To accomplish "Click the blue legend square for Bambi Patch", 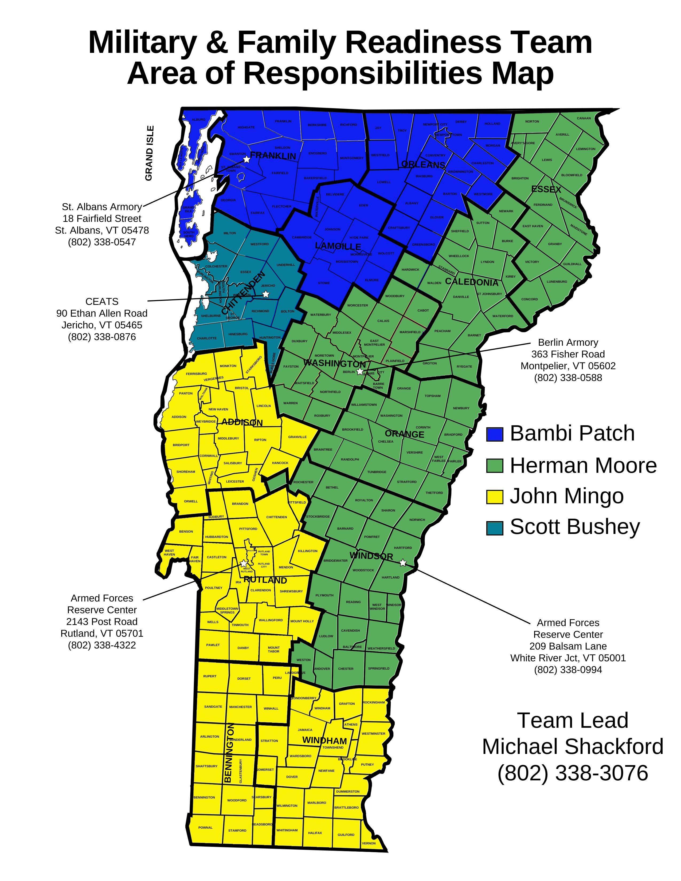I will [x=494, y=434].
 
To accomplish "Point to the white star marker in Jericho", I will [x=265, y=294].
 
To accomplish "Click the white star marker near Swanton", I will [x=246, y=159].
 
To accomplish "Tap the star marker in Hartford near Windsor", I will [x=403, y=563].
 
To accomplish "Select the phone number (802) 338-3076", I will [x=573, y=773].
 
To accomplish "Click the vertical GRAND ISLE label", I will [x=149, y=153].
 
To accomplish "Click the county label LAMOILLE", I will [x=338, y=246].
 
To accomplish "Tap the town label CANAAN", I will [x=583, y=118].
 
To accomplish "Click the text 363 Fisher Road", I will [x=568, y=354].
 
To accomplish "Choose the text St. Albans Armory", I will [x=102, y=207].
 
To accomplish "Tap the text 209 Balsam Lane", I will [x=568, y=646].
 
